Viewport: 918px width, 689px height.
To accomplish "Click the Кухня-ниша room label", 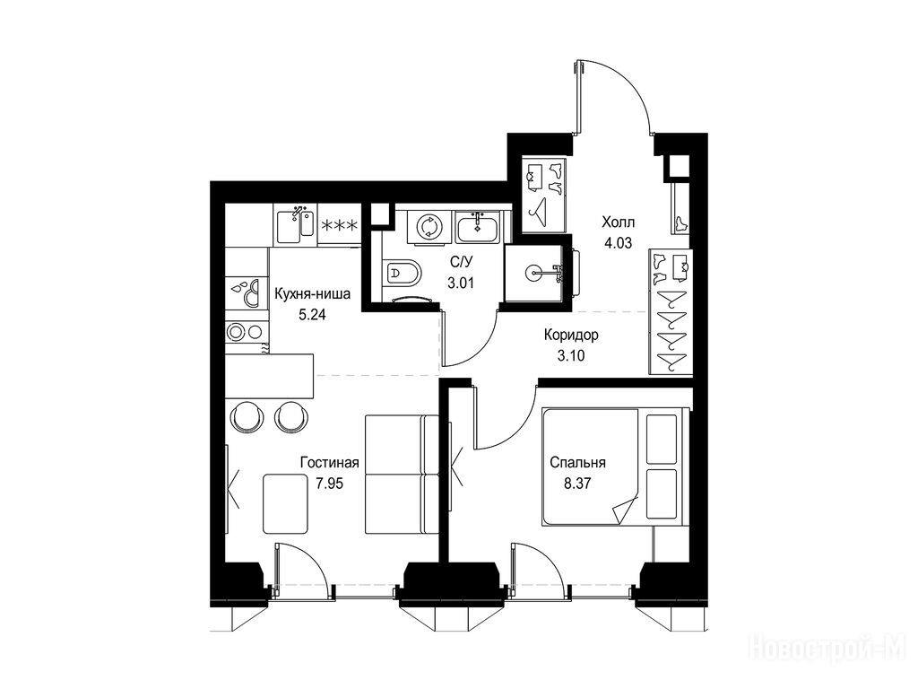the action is (x=313, y=293).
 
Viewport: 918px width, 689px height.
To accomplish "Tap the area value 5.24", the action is (x=312, y=315).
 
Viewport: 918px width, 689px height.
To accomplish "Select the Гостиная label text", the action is (x=329, y=463).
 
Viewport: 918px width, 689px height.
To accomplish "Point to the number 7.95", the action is (x=329, y=484).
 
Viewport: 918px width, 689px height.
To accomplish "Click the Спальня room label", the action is (x=577, y=463).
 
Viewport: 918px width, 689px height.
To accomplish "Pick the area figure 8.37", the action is (x=578, y=484).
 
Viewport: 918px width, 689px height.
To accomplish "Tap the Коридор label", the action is (x=571, y=336).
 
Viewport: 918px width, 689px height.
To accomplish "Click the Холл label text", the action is (x=619, y=222).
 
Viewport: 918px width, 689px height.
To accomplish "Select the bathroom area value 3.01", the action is (x=460, y=283).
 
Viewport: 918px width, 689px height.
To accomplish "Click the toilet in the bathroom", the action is (x=402, y=273).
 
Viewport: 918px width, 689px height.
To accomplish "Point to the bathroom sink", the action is (x=477, y=227).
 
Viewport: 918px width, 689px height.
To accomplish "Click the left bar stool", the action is (x=246, y=416).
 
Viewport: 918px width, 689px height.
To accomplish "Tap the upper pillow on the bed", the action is (x=662, y=439).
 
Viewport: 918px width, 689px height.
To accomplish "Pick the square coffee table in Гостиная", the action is (x=285, y=503).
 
